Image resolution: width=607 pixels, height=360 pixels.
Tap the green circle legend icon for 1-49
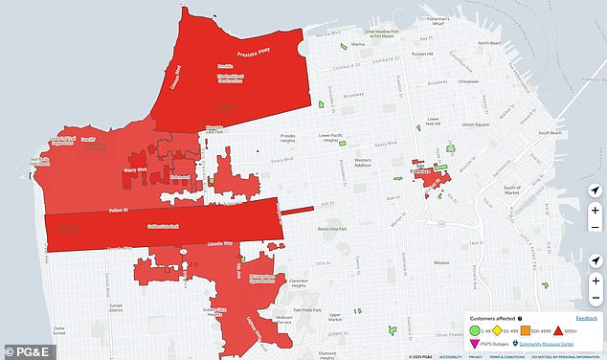[474, 330]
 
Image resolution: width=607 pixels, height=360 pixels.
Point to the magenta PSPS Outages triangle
[474, 343]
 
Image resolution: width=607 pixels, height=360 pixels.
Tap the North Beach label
[489, 43]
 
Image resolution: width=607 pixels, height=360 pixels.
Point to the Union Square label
[476, 124]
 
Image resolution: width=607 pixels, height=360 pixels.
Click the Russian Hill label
[422, 54]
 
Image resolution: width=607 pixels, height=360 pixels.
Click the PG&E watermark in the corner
[23, 351]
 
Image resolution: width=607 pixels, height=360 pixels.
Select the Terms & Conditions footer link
[506, 355]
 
